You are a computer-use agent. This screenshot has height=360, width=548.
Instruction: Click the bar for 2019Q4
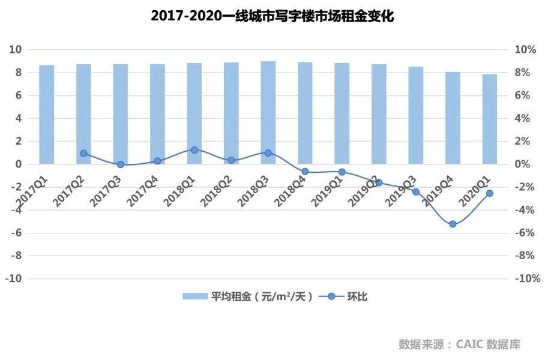[x=453, y=118]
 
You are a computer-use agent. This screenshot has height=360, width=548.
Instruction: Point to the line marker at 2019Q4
[x=453, y=224]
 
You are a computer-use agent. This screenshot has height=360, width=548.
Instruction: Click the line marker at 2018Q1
[x=194, y=150]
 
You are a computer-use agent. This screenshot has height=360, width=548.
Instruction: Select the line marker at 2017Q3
[x=121, y=164]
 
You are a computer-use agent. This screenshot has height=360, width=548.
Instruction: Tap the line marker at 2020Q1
[x=490, y=193]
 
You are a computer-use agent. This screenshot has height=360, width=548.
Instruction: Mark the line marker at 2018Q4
[x=305, y=172]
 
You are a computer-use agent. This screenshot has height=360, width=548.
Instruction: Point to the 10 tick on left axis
[x=16, y=50]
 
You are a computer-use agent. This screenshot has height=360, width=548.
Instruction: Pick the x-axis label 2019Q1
[x=326, y=192]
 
